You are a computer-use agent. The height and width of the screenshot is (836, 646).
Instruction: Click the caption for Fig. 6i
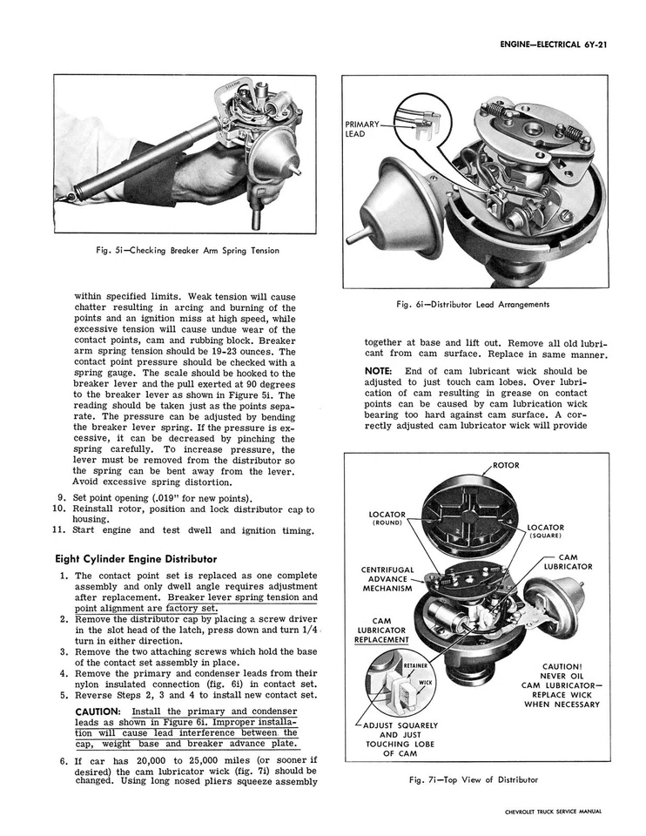pyautogui.click(x=472, y=304)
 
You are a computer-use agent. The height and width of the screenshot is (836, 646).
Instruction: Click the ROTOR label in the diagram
pyautogui.click(x=506, y=465)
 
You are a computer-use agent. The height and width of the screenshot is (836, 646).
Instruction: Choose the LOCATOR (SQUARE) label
pyautogui.click(x=545, y=531)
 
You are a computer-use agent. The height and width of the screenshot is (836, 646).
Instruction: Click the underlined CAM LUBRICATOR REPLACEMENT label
pyautogui.click(x=380, y=630)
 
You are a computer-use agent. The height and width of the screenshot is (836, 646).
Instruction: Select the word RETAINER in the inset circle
pyautogui.click(x=414, y=666)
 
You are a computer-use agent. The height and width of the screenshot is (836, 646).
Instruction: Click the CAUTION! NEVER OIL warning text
pyautogui.click(x=561, y=672)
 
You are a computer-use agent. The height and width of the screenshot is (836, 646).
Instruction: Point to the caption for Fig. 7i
pyautogui.click(x=473, y=779)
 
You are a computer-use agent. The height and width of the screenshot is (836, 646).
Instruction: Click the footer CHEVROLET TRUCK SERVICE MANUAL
pyautogui.click(x=552, y=812)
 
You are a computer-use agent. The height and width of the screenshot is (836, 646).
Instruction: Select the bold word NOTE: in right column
pyautogui.click(x=380, y=370)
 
